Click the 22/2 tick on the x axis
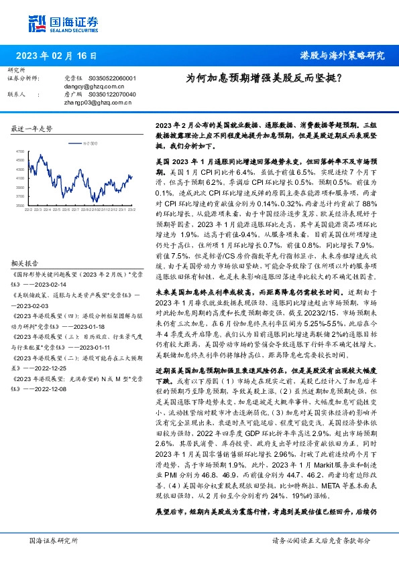click(28, 210)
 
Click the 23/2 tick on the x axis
click(132, 210)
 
